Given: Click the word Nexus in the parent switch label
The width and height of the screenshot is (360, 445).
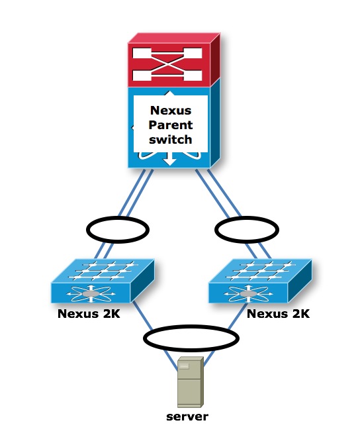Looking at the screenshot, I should (171, 111).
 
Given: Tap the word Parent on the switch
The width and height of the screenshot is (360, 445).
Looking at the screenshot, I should (171, 126).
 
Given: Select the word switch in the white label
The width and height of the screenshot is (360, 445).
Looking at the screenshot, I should (171, 140).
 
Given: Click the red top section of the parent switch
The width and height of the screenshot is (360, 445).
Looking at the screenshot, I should (170, 62).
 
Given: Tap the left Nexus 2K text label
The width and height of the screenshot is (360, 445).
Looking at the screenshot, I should (89, 314).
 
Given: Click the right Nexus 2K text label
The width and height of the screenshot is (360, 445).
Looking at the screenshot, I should (278, 314).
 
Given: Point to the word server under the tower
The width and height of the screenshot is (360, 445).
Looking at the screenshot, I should (187, 417).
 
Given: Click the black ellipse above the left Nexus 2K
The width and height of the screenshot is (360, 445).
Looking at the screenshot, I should (118, 230).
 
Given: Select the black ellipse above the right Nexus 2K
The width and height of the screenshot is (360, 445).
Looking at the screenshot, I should (247, 230).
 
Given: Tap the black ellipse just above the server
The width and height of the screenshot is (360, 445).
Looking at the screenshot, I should (191, 338).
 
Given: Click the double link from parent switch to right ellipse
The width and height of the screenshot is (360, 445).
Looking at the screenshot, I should (215, 192).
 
